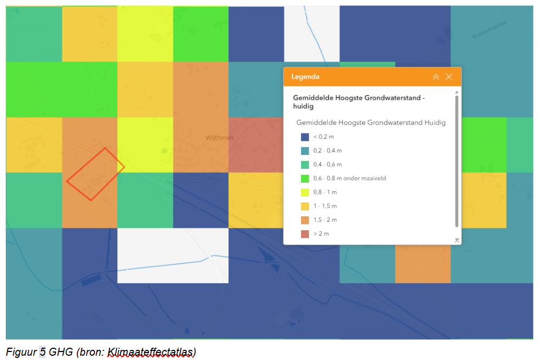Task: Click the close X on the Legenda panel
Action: click(448, 77)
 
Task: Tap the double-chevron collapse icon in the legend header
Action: click(436, 77)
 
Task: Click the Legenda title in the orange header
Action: click(305, 77)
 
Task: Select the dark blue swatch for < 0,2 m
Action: click(305, 137)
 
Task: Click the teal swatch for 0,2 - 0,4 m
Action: click(305, 151)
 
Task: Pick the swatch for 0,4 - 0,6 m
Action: click(305, 165)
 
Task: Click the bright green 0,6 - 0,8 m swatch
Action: click(305, 178)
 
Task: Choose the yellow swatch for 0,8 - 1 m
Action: click(305, 192)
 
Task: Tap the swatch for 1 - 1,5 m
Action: click(305, 206)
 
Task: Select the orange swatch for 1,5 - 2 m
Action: click(305, 220)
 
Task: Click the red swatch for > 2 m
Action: click(305, 234)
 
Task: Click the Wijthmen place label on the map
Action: click(219, 138)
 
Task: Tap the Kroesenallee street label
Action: click(489, 30)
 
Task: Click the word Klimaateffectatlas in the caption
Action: click(150, 352)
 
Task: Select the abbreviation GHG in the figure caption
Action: click(61, 352)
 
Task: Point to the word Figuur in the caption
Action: click(21, 352)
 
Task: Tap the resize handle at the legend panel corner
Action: click(457, 240)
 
